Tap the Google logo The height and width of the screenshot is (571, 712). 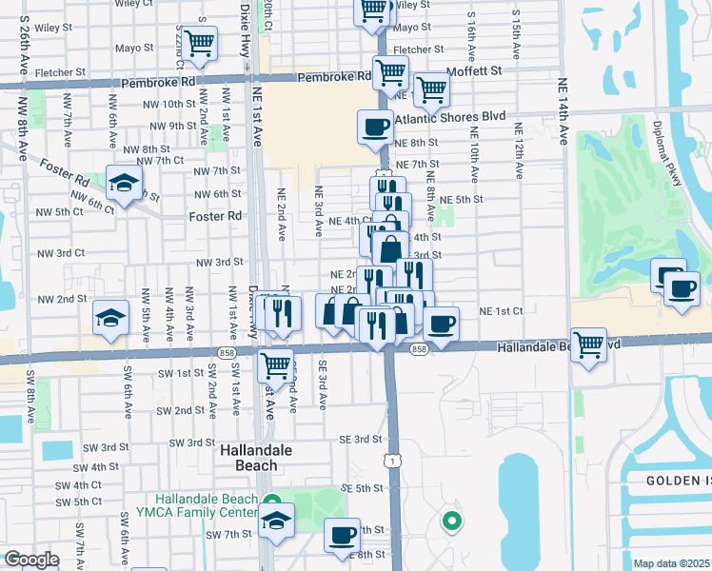[31, 560]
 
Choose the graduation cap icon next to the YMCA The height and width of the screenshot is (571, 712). [277, 520]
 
